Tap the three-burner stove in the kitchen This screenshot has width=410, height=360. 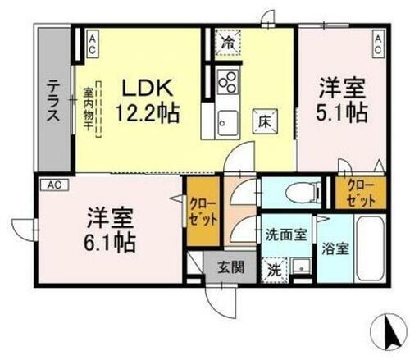click(x=228, y=83)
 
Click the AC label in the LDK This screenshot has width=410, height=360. click(x=93, y=43)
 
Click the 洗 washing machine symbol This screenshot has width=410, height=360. click(x=273, y=268)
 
